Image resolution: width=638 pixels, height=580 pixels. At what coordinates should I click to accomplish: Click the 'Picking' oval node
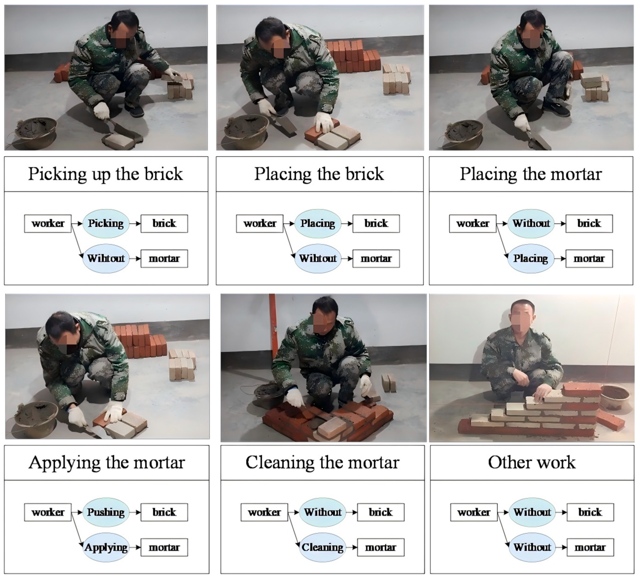(x=106, y=224)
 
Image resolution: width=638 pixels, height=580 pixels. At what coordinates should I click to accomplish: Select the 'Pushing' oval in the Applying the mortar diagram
(x=106, y=512)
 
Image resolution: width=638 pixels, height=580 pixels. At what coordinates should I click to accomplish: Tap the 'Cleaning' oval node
(x=322, y=547)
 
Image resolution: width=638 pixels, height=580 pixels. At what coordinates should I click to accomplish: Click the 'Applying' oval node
(x=106, y=547)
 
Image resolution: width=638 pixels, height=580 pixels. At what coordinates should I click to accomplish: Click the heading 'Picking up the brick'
(x=106, y=174)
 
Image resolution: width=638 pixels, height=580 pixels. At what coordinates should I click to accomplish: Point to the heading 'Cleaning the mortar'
(x=322, y=463)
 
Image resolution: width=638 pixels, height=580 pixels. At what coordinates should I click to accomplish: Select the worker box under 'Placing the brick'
(x=260, y=224)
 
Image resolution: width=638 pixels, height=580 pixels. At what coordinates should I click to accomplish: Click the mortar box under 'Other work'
(x=590, y=547)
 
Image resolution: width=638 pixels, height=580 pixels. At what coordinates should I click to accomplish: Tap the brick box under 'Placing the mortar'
(x=589, y=224)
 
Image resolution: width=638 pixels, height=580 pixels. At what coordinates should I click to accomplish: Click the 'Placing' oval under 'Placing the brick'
(x=318, y=224)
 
